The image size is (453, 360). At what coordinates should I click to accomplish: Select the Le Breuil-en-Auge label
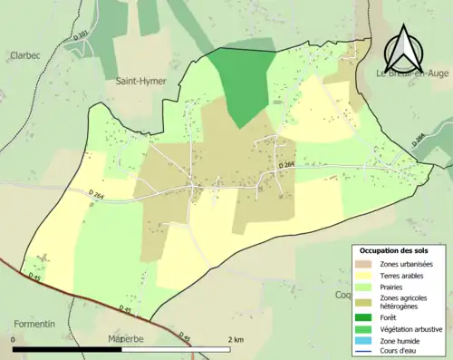(x=414, y=73)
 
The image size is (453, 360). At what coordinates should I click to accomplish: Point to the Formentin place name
(x=35, y=324)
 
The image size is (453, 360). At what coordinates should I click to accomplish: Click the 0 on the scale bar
(x=14, y=340)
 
